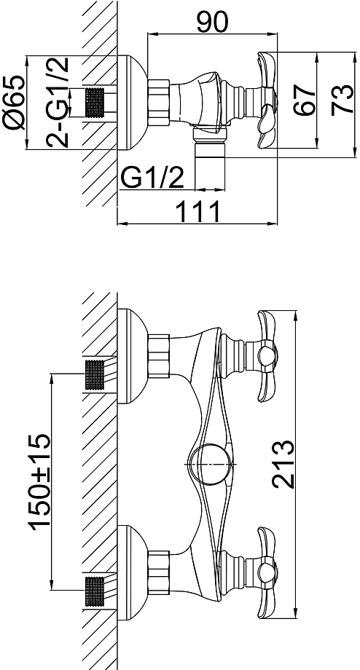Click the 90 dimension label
213,23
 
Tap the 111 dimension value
198,211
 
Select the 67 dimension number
305,99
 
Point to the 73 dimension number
343,99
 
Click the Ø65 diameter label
13,103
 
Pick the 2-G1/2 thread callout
58,102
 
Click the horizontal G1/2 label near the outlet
152,178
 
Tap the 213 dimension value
283,464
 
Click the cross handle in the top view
267,100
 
